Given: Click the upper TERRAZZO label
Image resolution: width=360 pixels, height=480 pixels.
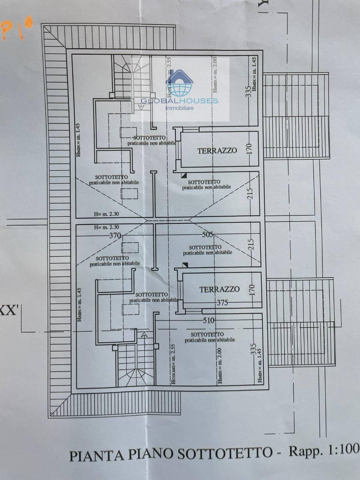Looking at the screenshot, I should [x=217, y=150].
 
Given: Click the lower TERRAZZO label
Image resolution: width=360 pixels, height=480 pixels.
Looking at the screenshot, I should [x=220, y=289].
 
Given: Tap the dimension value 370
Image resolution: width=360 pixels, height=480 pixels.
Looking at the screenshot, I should [x=115, y=236].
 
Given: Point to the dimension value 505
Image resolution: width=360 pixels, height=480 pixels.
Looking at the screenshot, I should [x=208, y=235].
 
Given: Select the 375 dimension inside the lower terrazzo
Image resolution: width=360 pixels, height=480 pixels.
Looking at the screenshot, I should [x=222, y=302].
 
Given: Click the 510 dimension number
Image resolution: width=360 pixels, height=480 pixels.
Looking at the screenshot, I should [x=209, y=320].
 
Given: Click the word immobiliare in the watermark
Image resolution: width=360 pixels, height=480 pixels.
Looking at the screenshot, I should [x=180, y=108].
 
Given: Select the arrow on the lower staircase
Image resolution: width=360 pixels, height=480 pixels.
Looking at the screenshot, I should [x=144, y=335].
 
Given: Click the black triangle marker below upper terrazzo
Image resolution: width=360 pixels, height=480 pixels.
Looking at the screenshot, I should [x=183, y=175].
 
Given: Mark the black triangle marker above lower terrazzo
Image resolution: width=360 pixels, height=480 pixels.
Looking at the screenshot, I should [x=185, y=265].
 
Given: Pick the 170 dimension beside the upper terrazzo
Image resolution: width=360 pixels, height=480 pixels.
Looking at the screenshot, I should [x=250, y=149].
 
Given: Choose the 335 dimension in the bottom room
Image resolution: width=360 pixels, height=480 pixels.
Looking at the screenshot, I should [x=253, y=349].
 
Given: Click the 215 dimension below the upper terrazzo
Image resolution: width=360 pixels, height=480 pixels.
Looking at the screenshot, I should [x=250, y=194].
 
